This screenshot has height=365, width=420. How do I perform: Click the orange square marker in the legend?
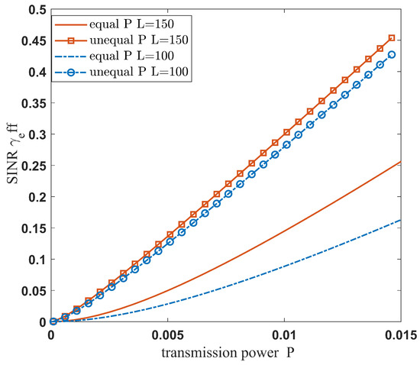point(73,38)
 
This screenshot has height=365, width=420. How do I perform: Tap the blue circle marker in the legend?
point(73,71)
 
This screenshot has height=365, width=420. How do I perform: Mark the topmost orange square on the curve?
point(392,38)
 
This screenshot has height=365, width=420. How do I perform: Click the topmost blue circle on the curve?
point(392,55)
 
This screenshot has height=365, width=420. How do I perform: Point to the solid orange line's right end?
point(401,162)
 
